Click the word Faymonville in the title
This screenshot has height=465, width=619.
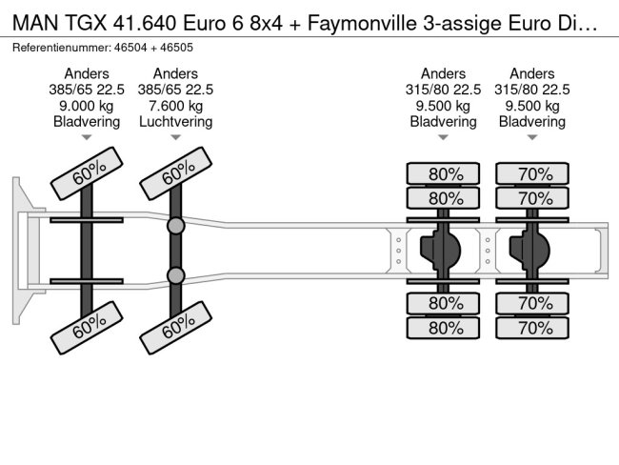[x=362, y=23]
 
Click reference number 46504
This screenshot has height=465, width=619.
[x=130, y=48]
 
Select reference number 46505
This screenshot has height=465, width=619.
[x=176, y=48]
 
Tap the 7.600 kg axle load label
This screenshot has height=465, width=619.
[x=175, y=106]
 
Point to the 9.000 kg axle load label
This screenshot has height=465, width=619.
[x=87, y=106]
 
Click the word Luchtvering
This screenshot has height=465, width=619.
[x=175, y=122]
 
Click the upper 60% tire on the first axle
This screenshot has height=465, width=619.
[x=87, y=173]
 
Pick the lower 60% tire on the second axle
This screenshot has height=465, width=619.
[x=175, y=328]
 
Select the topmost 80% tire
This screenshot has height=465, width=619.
[x=443, y=173]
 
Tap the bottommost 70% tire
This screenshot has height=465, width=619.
[x=532, y=328]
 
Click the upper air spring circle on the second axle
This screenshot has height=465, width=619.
[x=175, y=226]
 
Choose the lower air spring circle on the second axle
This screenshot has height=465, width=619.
[x=175, y=275]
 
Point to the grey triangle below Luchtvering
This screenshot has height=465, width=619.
[x=175, y=137]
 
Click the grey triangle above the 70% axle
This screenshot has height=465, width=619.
[x=532, y=137]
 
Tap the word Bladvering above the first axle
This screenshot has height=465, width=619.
[x=87, y=122]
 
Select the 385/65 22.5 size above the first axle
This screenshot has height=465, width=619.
[x=87, y=90]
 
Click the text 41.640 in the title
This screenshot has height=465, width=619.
[x=145, y=23]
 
